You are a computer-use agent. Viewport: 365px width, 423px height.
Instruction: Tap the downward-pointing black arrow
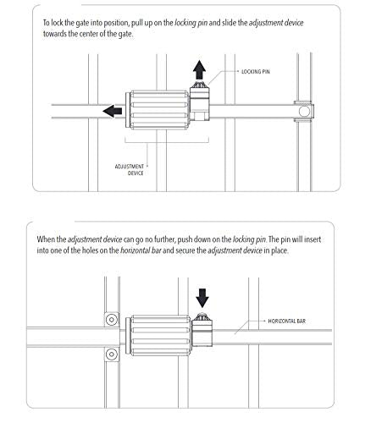tap(203, 297)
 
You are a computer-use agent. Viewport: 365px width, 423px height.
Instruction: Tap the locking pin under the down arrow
tap(203, 320)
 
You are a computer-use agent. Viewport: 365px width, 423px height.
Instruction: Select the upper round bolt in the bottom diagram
tap(110, 318)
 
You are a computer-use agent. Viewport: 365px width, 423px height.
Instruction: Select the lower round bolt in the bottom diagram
tap(110, 352)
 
